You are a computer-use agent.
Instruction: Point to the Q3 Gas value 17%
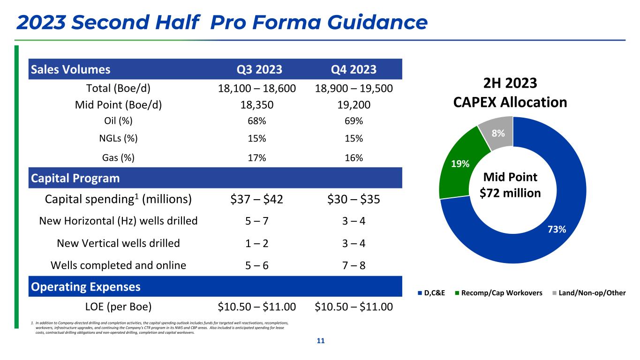click(x=257, y=158)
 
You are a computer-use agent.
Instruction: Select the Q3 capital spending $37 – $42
click(x=257, y=199)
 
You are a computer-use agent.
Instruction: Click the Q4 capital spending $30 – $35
click(x=351, y=199)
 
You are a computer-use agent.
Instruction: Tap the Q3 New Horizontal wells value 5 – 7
click(x=257, y=221)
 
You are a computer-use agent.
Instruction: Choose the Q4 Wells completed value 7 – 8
click(x=351, y=265)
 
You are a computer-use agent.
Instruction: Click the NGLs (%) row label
click(x=118, y=138)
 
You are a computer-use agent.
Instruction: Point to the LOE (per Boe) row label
click(x=118, y=307)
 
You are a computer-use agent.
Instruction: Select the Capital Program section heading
click(x=75, y=178)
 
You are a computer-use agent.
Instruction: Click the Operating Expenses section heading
click(x=86, y=286)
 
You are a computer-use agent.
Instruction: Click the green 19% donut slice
click(x=457, y=164)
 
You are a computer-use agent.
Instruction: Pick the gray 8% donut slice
click(x=497, y=134)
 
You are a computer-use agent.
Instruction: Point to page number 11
click(x=321, y=341)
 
